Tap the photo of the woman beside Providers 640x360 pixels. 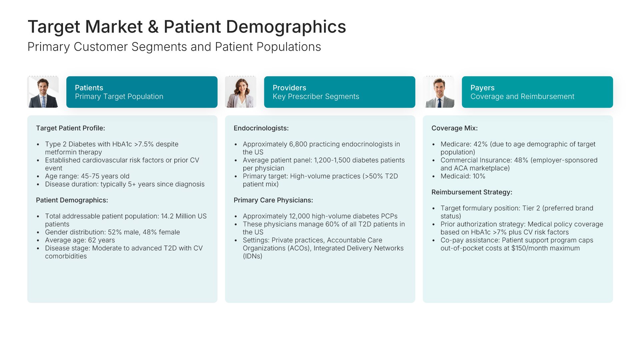241,92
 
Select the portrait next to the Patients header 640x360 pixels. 43,92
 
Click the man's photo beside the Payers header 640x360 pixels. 439,92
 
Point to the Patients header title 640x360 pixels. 89,88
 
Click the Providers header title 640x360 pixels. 289,88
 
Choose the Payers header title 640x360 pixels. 482,88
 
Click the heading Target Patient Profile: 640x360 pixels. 70,128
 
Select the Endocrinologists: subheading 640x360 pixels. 261,128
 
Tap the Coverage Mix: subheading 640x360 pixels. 454,128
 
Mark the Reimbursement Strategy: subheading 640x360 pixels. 472,192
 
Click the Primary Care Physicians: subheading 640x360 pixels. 273,200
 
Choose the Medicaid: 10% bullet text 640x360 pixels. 463,176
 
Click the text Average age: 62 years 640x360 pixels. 80,240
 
